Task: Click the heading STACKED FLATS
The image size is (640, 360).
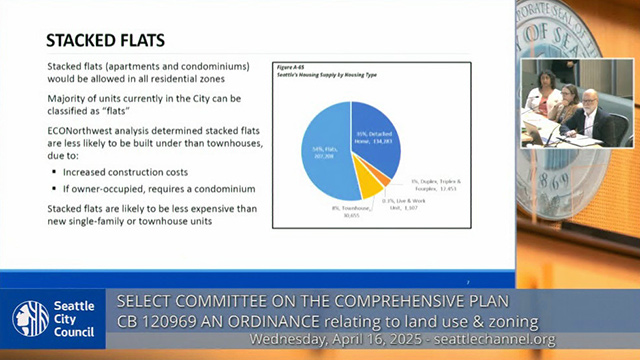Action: [106, 40]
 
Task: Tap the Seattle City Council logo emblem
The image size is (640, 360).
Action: [31, 317]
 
